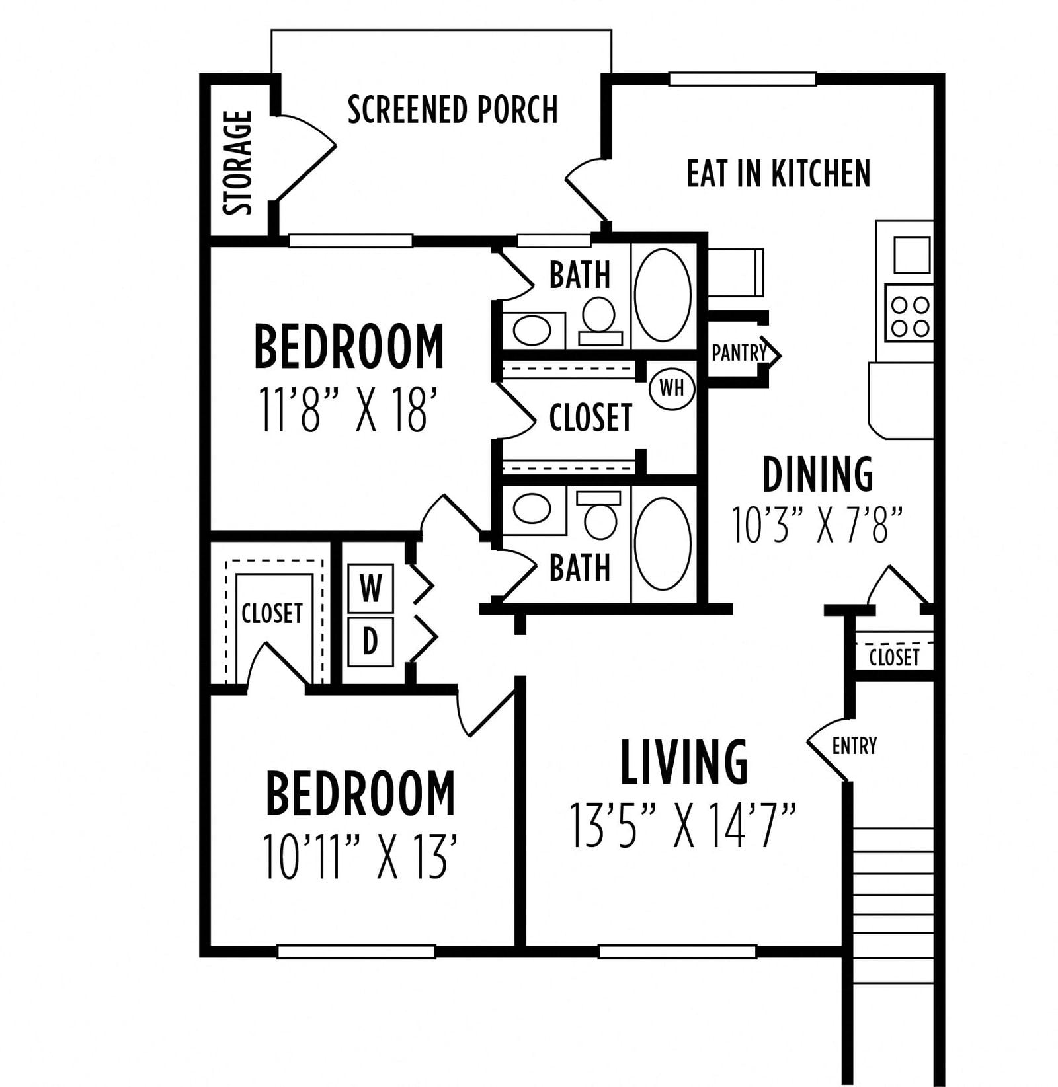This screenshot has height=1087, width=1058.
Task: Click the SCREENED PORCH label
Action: (x=453, y=110)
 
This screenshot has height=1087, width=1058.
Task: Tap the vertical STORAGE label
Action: (x=238, y=163)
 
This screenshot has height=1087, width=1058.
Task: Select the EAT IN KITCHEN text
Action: (x=778, y=173)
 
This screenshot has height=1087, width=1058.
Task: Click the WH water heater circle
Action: (x=672, y=388)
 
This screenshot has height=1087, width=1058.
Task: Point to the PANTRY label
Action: (x=738, y=353)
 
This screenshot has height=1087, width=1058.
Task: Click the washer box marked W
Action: (x=371, y=587)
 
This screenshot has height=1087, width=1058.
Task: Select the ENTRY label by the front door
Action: (x=854, y=746)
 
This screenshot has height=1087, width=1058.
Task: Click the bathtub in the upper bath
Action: (x=663, y=295)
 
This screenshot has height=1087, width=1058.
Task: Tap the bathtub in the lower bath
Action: (x=663, y=544)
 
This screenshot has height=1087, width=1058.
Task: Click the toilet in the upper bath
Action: (x=600, y=320)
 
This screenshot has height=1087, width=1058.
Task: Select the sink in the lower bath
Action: (x=532, y=509)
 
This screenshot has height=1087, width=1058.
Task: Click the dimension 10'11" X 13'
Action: (x=360, y=857)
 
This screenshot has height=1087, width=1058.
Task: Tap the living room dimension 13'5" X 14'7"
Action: (x=683, y=825)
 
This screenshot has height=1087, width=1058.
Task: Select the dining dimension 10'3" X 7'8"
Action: (x=817, y=525)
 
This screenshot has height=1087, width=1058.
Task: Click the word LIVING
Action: (x=684, y=762)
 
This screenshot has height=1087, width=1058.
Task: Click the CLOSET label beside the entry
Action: (x=894, y=657)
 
